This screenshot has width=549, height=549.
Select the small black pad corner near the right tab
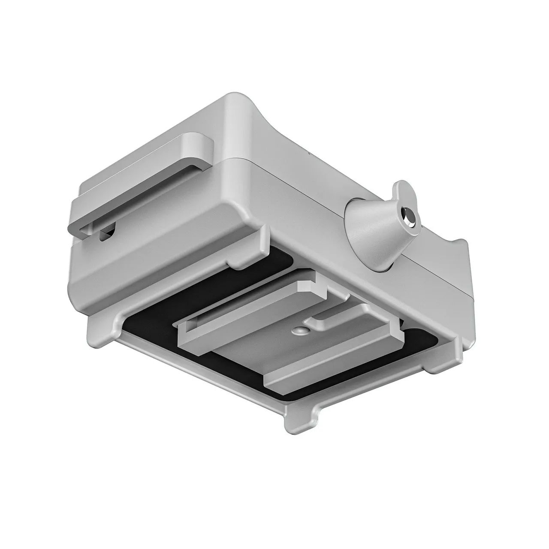[422, 339]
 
